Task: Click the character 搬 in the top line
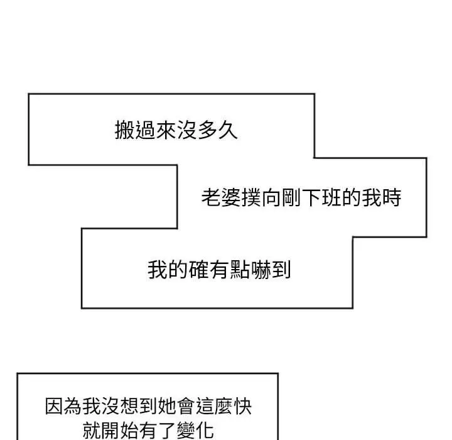[125, 130]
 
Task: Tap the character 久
[227, 130]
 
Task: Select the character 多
[207, 130]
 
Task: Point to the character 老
[211, 198]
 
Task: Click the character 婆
[231, 198]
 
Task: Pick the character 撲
[251, 198]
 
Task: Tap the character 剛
[291, 198]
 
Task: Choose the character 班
[331, 198]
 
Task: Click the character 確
[198, 270]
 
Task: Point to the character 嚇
[260, 270]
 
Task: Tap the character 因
[54, 406]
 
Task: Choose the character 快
[242, 406]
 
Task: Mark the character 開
[110, 430]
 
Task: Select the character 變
[186, 430]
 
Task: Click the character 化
[205, 430]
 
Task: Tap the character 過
[145, 130]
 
